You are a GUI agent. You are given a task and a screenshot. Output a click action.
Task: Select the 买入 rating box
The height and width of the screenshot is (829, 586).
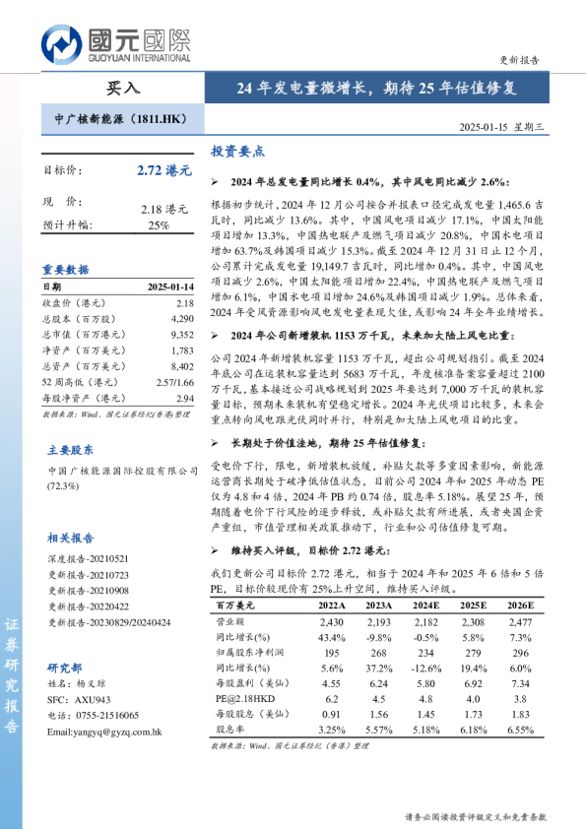click(x=122, y=88)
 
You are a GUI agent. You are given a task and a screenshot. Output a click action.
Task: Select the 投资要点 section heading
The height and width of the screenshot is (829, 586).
click(x=238, y=153)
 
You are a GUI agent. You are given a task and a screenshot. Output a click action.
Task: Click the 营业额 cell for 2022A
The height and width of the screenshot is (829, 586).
click(x=332, y=623)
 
